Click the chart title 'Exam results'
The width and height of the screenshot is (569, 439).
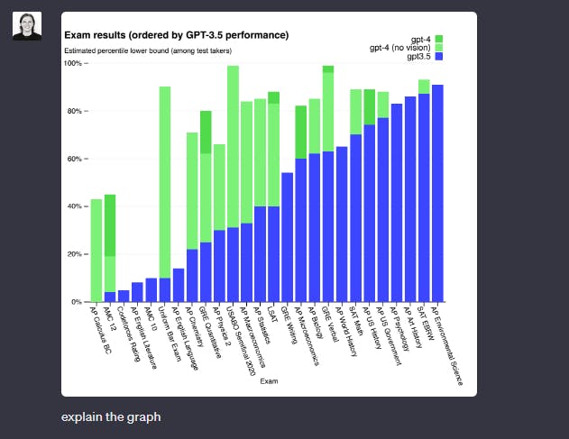(177, 35)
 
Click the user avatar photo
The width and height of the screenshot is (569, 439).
(26, 26)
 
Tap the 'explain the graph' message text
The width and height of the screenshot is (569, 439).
(111, 417)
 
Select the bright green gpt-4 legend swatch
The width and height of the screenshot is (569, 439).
(439, 40)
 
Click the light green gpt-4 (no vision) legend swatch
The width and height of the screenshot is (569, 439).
(439, 48)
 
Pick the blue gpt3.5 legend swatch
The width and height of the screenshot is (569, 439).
(439, 57)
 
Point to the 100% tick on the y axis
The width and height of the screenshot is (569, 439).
(73, 64)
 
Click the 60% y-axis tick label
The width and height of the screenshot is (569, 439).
(73, 160)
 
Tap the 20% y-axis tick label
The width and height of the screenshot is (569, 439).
(73, 254)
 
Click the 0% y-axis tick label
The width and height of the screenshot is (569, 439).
(75, 302)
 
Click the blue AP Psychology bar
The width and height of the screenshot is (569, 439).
(397, 203)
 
